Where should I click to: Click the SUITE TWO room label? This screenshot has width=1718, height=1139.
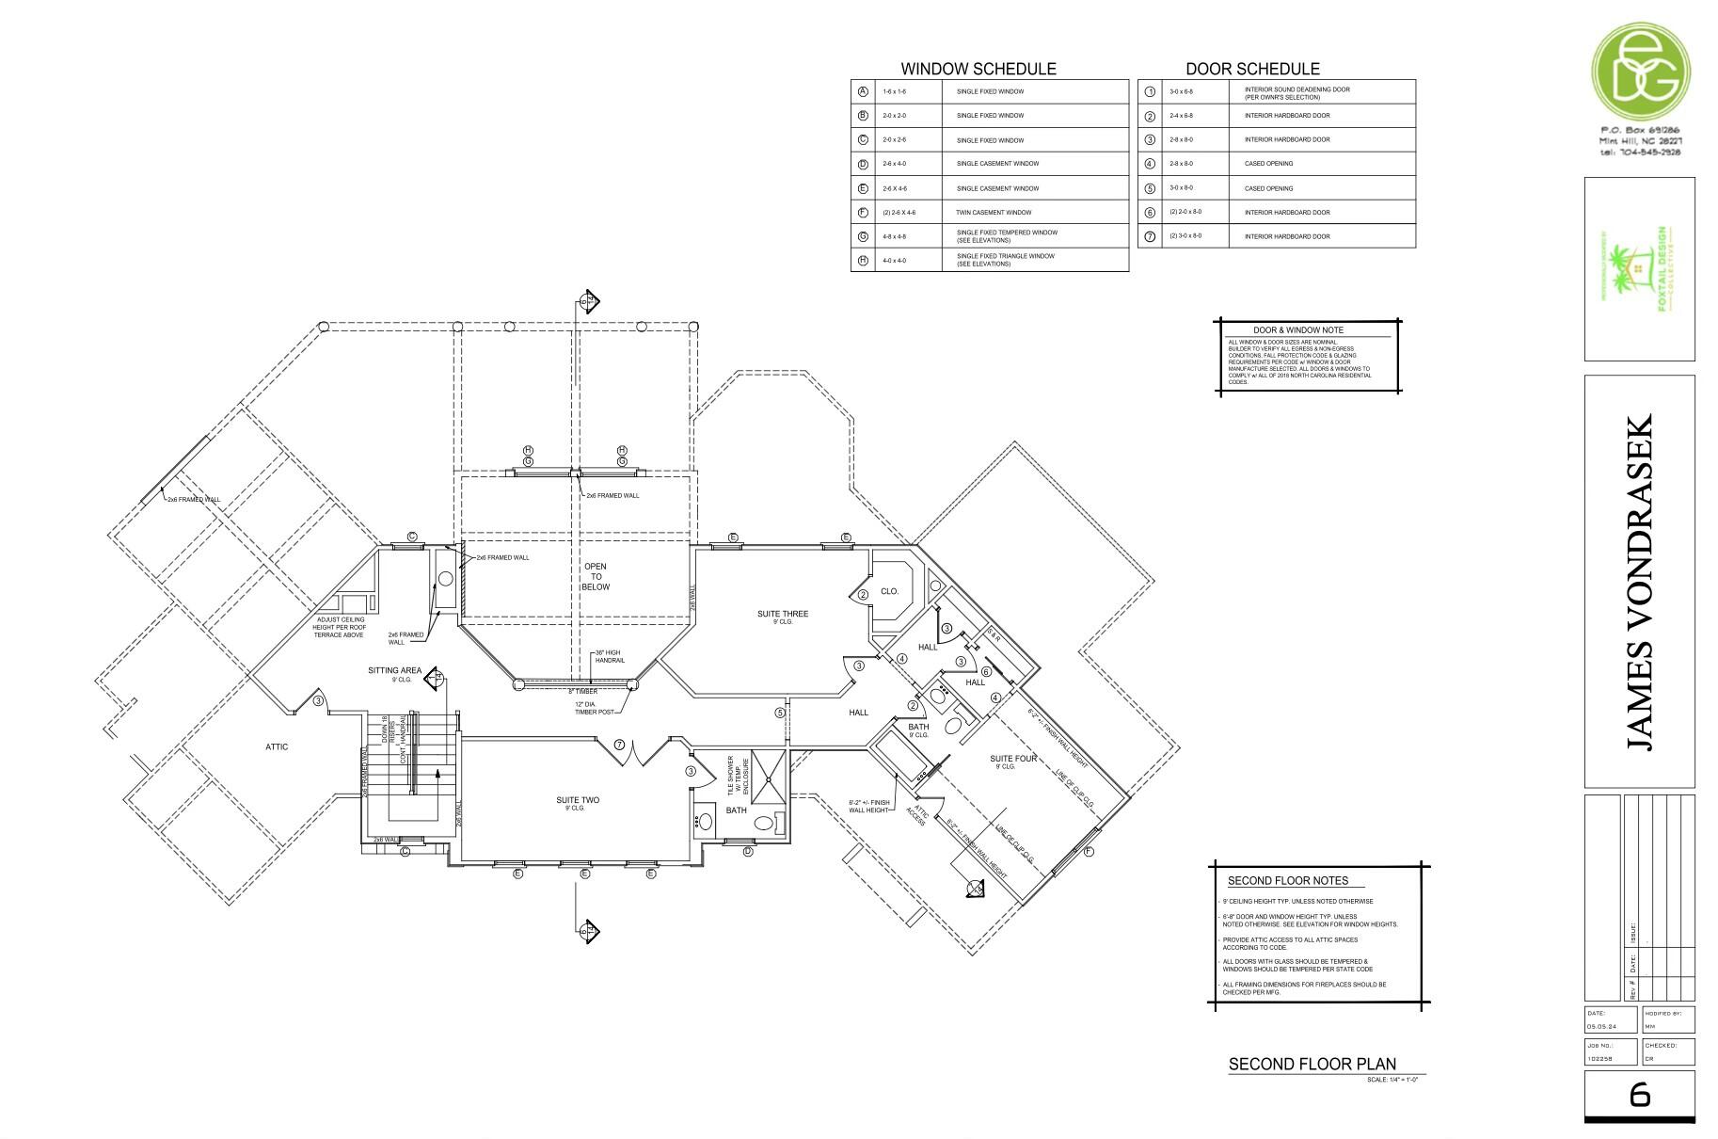click(x=577, y=801)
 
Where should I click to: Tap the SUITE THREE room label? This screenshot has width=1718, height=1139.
click(x=782, y=615)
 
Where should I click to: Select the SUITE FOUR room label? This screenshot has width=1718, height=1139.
click(x=1013, y=759)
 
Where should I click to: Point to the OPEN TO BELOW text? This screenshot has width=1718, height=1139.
click(x=596, y=577)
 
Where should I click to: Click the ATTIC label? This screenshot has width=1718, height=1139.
click(x=277, y=747)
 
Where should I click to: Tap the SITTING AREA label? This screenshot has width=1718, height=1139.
click(x=394, y=671)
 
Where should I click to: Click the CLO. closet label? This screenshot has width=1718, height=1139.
click(x=889, y=592)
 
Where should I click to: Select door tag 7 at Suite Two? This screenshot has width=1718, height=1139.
click(x=619, y=745)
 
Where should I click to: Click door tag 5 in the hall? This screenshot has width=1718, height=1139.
click(x=780, y=713)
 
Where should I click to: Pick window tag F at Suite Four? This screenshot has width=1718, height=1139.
click(x=1089, y=852)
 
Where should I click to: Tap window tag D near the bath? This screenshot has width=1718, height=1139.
click(x=748, y=852)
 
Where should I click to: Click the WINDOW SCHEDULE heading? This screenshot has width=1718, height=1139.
click(x=978, y=69)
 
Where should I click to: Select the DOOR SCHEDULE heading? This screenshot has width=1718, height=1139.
click(x=1251, y=69)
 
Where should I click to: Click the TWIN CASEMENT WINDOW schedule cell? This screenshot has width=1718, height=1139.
click(x=994, y=213)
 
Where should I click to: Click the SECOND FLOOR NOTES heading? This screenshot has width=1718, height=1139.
click(x=1287, y=881)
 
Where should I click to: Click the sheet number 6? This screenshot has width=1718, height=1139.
click(x=1639, y=1094)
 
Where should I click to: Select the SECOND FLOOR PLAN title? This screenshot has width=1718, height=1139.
click(x=1312, y=1065)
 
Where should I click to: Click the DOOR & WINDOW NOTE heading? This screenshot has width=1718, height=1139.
click(x=1297, y=330)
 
